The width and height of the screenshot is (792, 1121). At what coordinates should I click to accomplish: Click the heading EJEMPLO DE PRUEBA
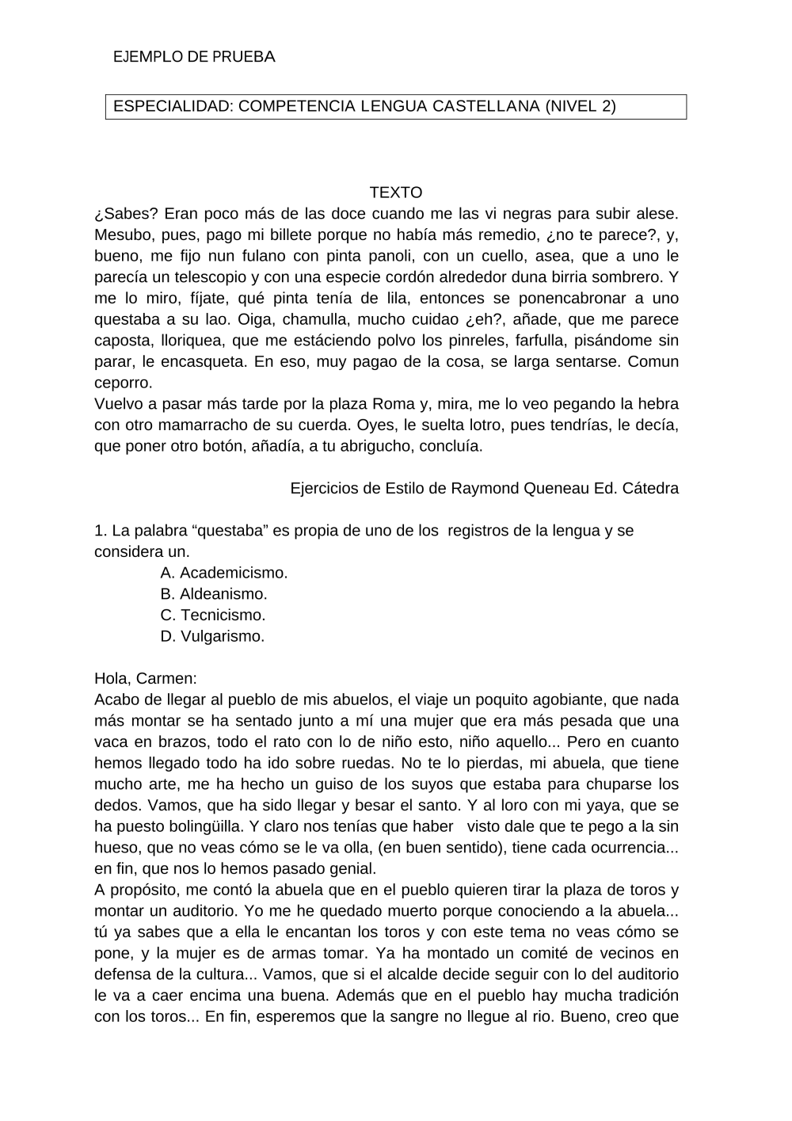194,57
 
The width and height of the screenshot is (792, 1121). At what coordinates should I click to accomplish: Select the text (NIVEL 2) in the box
581,106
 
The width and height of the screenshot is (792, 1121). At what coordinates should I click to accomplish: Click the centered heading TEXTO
396,193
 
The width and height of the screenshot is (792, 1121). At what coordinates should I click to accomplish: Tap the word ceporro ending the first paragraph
123,383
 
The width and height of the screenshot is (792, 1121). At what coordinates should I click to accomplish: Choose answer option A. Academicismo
224,573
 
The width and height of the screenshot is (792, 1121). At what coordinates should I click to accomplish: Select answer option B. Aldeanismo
214,594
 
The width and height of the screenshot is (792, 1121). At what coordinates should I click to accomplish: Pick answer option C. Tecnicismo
213,615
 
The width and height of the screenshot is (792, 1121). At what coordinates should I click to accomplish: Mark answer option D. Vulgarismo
212,636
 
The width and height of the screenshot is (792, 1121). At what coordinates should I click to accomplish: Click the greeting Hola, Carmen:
146,679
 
